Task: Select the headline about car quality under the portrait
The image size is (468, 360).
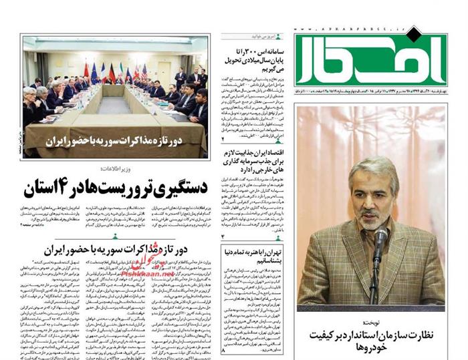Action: pos(371,340)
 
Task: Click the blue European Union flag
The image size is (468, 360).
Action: pos(94,71)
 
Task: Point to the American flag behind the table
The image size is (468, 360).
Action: pos(145,71)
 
